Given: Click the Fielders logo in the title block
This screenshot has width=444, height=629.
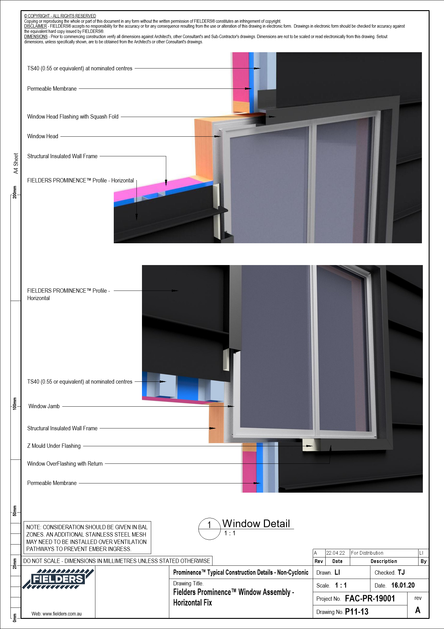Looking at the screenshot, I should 57,579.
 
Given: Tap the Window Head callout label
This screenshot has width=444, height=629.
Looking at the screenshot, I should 43,136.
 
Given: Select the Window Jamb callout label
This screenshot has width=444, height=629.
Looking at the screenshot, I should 44,406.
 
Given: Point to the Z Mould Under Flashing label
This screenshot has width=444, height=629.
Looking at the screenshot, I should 54,446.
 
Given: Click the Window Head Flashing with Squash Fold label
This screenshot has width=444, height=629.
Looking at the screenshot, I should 73,117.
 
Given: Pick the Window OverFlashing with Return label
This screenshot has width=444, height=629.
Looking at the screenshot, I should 65,464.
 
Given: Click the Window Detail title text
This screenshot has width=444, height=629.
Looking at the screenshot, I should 256,524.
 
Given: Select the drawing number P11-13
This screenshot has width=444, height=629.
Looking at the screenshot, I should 357,612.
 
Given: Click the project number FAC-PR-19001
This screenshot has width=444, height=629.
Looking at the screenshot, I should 370,599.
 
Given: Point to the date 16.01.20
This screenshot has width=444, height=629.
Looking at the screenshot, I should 403,585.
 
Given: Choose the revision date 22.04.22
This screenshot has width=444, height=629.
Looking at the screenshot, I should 335,553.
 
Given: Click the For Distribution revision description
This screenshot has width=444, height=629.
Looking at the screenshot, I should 367,553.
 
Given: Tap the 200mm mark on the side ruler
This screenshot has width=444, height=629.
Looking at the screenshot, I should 15,192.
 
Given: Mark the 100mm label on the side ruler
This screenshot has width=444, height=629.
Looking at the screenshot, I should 15,404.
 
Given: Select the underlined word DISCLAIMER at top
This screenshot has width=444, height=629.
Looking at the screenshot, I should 36,26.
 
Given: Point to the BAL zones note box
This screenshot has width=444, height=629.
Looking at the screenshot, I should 87,538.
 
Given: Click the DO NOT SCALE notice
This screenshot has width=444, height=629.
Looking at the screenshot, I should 117,561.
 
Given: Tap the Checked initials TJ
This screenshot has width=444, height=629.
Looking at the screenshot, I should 401,572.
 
